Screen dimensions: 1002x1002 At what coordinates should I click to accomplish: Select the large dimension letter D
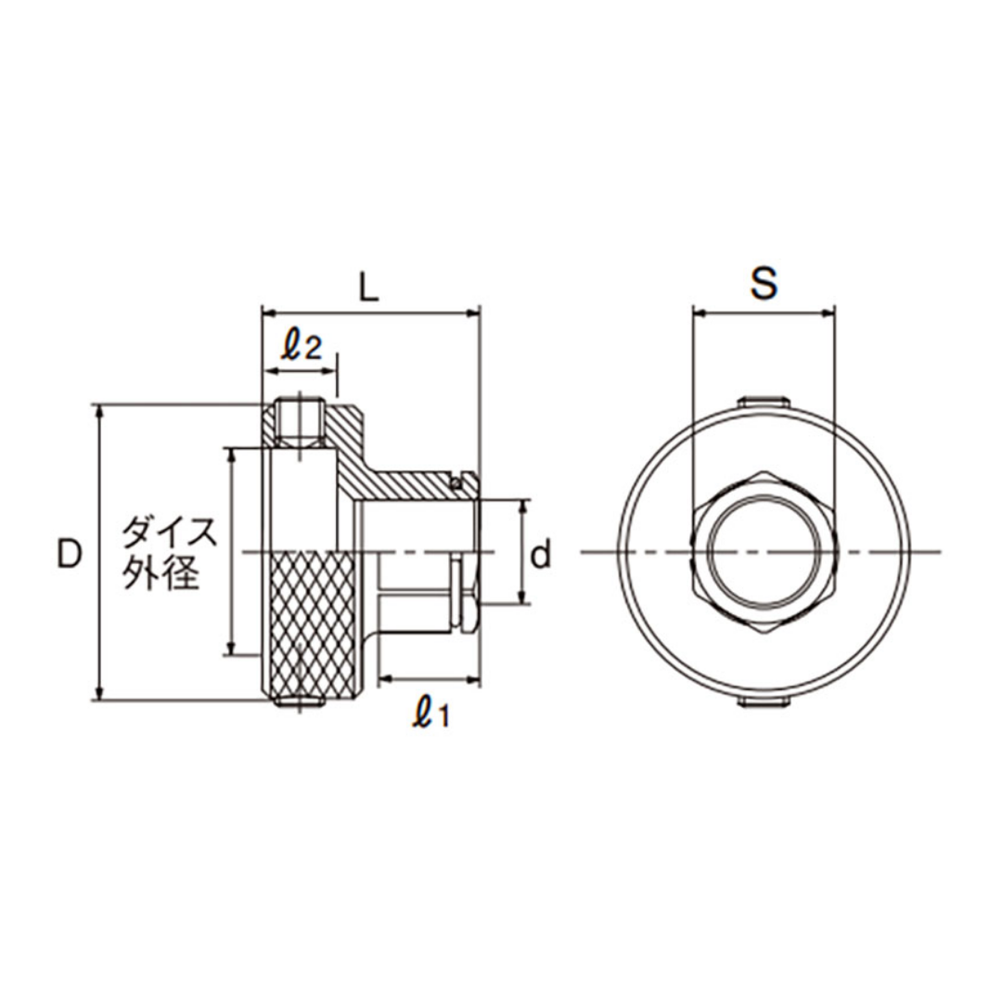click(71, 553)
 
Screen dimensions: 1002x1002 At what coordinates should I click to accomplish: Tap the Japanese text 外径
click(162, 572)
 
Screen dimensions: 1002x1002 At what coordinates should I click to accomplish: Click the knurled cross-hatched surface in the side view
click(314, 625)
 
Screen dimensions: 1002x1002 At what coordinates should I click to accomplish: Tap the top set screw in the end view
click(764, 402)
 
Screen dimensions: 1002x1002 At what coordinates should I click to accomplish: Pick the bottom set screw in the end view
click(764, 702)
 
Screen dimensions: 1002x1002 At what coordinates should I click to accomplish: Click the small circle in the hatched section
click(456, 483)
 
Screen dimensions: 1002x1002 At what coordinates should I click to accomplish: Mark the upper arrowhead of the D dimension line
click(98, 411)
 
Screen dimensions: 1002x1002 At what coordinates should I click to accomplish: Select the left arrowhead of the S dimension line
click(701, 314)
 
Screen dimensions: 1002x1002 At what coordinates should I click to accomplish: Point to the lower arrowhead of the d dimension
click(523, 596)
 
